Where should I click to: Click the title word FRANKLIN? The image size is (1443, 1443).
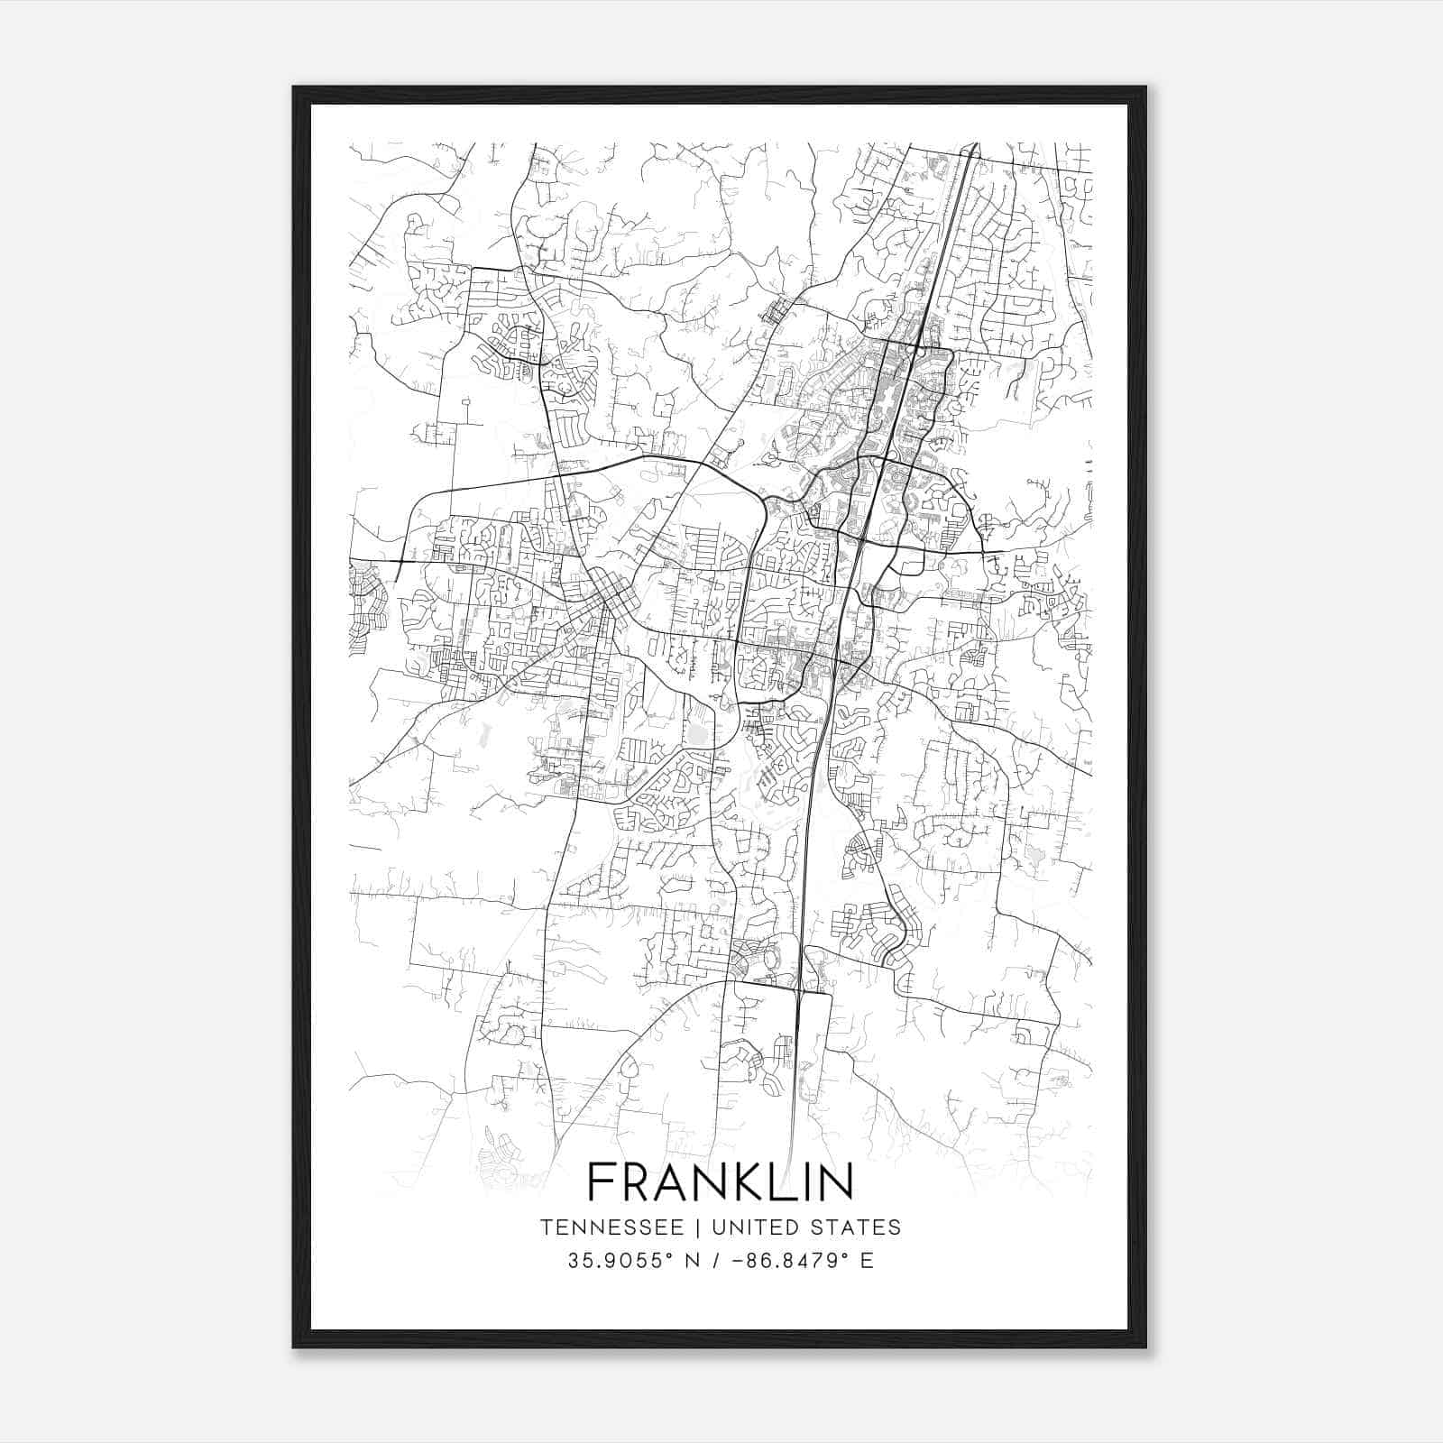pos(720,1182)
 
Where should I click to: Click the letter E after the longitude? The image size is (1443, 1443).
pos(867,1260)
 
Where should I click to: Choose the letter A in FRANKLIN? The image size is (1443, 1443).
pos(666,1182)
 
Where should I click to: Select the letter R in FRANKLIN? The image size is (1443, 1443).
pos(631,1182)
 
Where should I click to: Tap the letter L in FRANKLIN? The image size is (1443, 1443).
pos(772,1182)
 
